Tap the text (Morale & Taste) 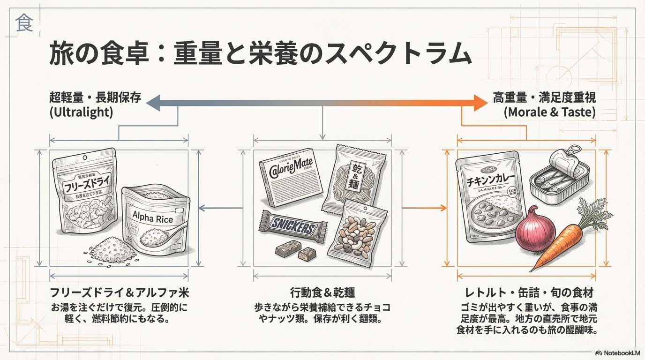pos(549,112)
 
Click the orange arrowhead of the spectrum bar pos(480,103)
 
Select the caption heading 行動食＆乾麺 pos(322,293)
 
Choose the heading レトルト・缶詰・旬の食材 pos(529,293)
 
